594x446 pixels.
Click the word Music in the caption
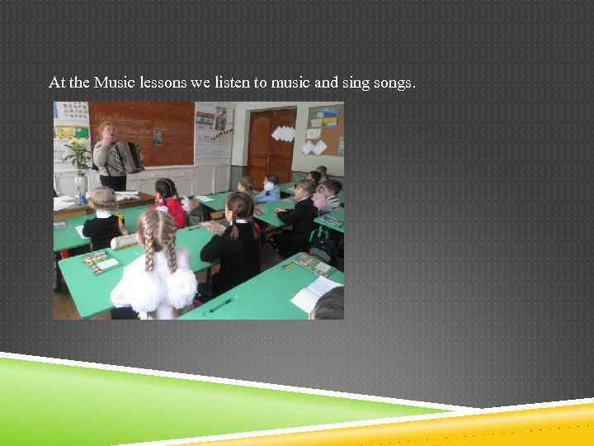(113, 83)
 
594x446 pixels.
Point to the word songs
(394, 83)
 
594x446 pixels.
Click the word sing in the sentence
(356, 83)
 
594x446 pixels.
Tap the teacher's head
(106, 130)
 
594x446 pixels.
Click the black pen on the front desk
(220, 306)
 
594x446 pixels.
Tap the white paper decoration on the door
(283, 133)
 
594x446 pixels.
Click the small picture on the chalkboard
(157, 136)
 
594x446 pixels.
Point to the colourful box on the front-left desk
(99, 262)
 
